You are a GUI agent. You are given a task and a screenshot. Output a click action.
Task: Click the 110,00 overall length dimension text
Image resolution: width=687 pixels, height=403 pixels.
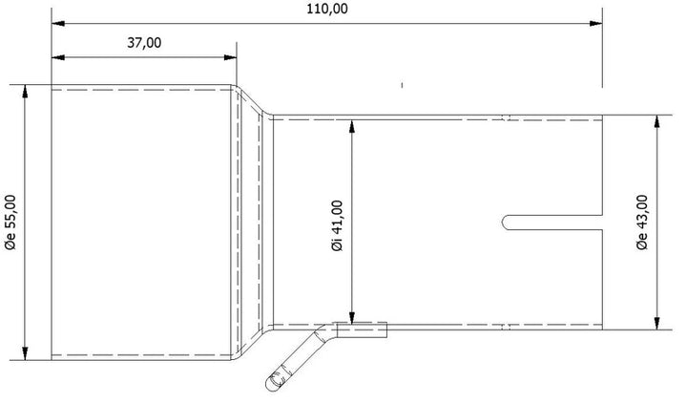point(327,9)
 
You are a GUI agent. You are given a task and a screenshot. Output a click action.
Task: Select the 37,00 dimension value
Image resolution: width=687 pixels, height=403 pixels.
point(144,43)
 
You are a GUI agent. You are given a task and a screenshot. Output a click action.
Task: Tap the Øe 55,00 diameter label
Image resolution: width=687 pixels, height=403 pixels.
point(10,223)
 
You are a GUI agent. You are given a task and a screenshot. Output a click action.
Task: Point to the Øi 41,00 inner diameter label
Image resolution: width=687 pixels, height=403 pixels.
point(338,225)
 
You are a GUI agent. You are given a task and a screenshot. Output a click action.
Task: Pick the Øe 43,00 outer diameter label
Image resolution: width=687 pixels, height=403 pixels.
point(642,223)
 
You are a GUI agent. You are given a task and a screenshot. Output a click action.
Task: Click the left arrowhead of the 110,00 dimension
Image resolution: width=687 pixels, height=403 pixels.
point(58,23)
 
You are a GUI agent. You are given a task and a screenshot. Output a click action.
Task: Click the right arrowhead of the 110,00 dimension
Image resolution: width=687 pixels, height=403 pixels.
point(595,23)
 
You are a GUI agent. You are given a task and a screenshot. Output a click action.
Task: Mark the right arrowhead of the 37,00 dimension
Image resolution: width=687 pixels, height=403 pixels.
point(230,57)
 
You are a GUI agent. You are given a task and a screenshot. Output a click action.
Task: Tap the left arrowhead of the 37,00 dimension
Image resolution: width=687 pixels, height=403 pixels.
point(58,57)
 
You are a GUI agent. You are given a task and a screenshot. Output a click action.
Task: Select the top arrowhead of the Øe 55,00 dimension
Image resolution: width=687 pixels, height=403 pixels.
point(25,91)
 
